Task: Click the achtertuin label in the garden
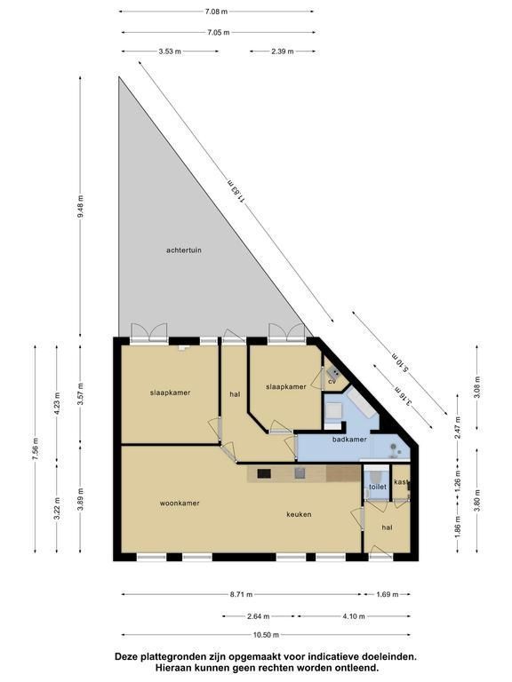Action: pos(184,250)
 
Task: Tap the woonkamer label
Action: pos(180,504)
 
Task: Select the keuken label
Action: pos(299,514)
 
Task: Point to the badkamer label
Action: pos(349,440)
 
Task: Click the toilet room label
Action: pos(378,487)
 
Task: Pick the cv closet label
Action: pos(332,382)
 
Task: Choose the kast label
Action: pos(401,482)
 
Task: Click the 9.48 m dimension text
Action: pos(80,207)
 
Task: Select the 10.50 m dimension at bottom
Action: pos(266,635)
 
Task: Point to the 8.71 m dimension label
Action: pos(241,594)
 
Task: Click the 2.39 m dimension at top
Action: pos(283,52)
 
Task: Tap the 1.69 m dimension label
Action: pos(387,594)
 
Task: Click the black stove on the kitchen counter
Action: pos(264,473)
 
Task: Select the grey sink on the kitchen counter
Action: pos(299,473)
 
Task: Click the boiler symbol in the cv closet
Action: pos(334,372)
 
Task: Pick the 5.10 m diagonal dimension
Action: pos(399,362)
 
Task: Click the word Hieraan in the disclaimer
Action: pos(174,667)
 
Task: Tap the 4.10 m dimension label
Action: pos(354,616)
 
